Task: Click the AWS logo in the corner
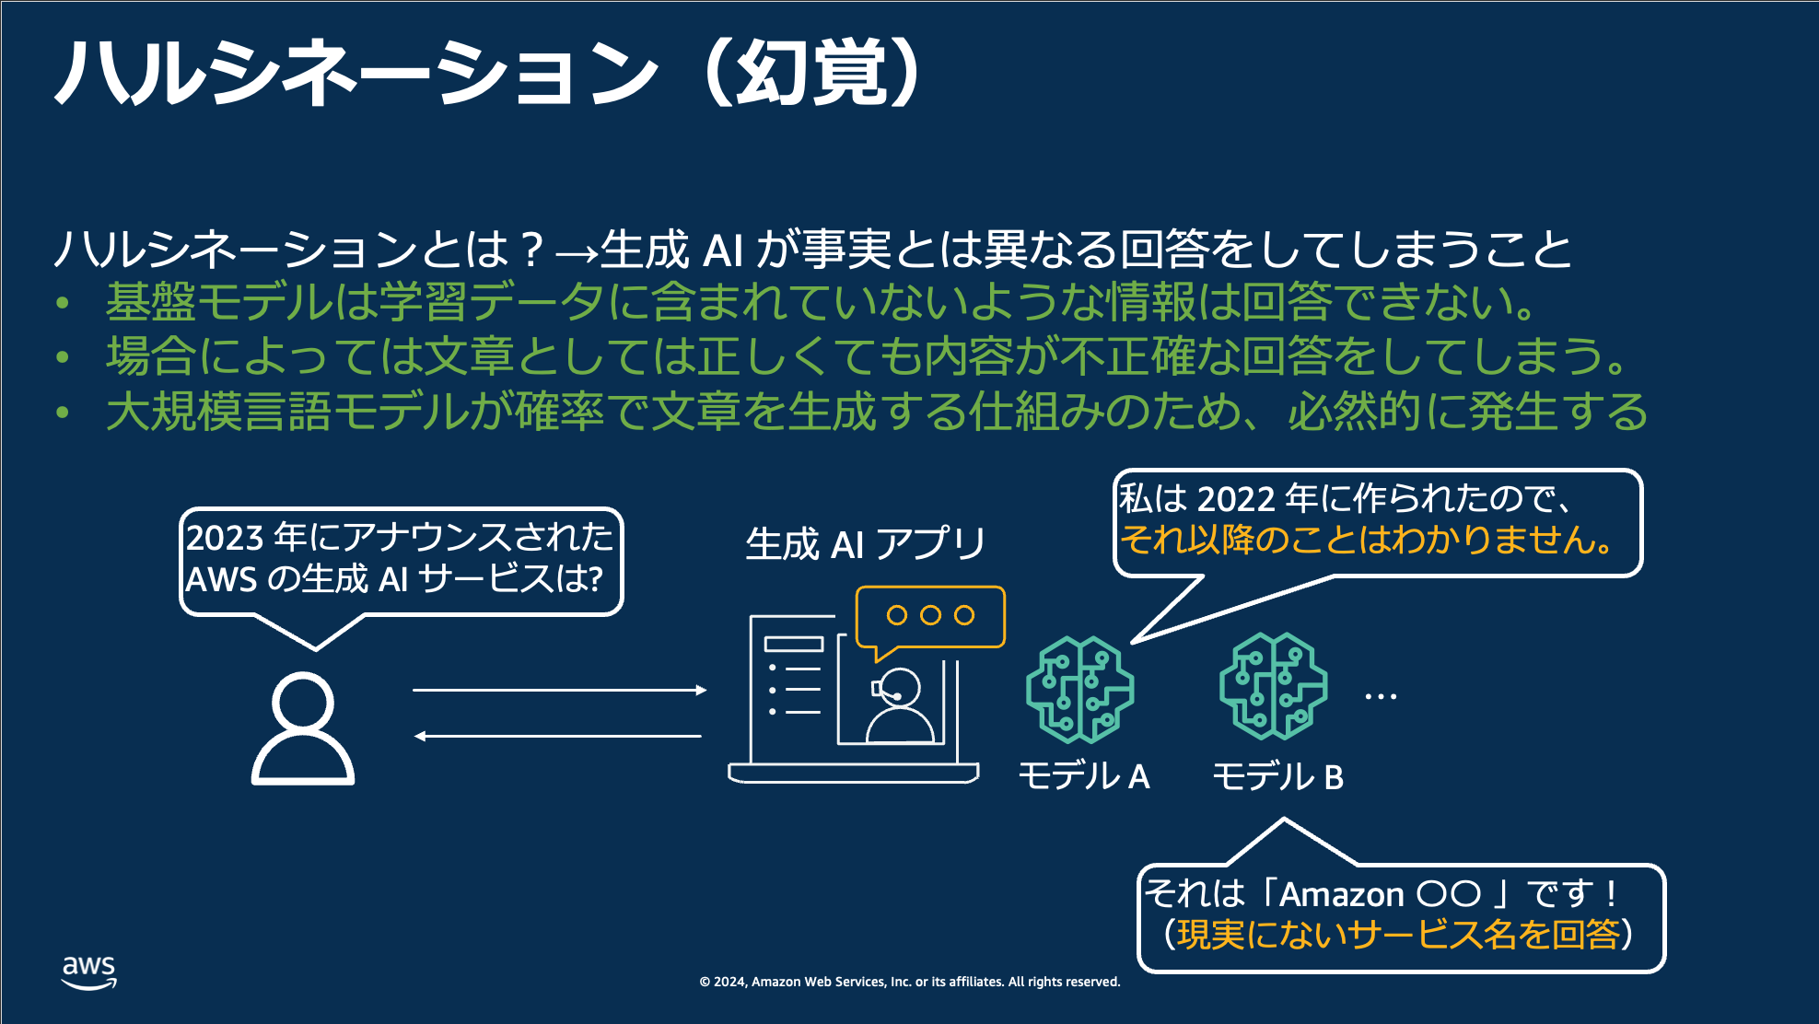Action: point(89,972)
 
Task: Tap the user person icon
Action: point(303,728)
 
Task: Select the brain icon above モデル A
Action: point(1080,690)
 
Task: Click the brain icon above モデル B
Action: point(1274,686)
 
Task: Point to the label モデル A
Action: point(1084,776)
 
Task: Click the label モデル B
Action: point(1278,776)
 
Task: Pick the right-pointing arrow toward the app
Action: point(560,690)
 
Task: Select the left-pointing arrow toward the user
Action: point(558,736)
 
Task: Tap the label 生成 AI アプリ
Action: point(866,543)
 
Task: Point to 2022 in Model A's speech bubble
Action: point(1236,498)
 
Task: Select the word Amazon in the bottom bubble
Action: point(1341,894)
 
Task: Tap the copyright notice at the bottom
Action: point(910,982)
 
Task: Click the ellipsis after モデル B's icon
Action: point(1381,697)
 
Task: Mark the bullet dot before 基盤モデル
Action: point(63,303)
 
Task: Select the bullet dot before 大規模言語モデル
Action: point(63,412)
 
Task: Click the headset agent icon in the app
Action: point(899,705)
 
